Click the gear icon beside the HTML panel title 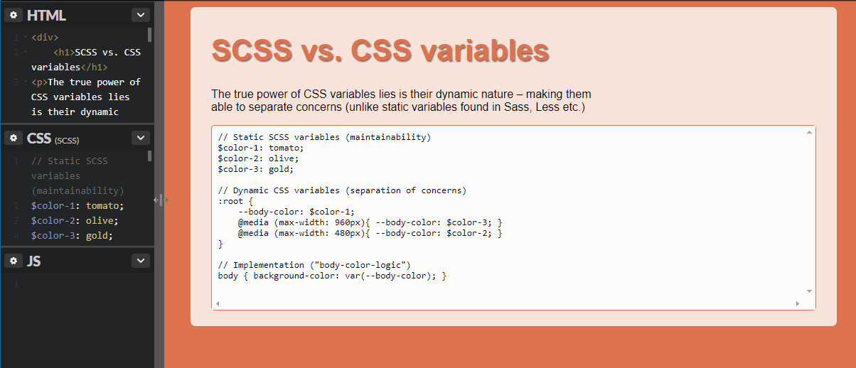coord(14,15)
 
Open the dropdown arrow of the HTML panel coord(141,15)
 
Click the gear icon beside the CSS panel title coord(14,138)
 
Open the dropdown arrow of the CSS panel coord(141,138)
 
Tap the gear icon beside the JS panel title coord(14,261)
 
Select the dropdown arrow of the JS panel coord(141,261)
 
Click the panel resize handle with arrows coord(161,200)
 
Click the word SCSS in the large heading coord(252,50)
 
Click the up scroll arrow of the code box coord(809,132)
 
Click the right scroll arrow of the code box coord(798,303)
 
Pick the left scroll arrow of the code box coord(218,303)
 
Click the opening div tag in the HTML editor coord(45,38)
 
